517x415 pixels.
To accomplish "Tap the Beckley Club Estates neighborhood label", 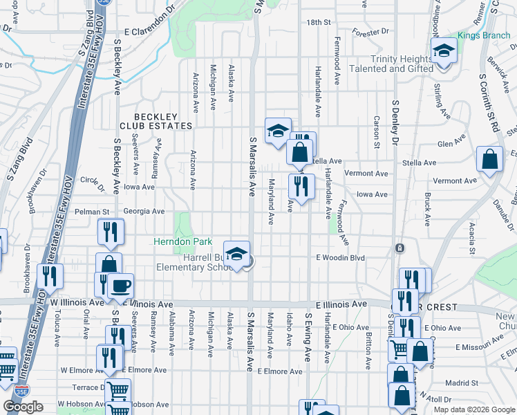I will click(156, 121).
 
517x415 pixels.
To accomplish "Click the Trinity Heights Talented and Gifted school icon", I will click(443, 51).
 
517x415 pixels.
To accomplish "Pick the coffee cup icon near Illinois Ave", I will click(120, 286).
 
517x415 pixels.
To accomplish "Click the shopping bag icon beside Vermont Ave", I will click(489, 159).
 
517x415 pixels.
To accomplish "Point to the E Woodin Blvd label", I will click(340, 257).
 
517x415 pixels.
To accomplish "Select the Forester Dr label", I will click(370, 32).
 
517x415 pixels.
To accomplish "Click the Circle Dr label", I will click(92, 181).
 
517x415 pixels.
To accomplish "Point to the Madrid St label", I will click(462, 382).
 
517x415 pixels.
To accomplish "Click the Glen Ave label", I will click(451, 144).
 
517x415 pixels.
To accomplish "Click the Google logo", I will click(23, 407).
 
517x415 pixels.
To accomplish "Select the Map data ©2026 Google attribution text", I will click(473, 409).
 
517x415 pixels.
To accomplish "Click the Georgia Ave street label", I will click(144, 211).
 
